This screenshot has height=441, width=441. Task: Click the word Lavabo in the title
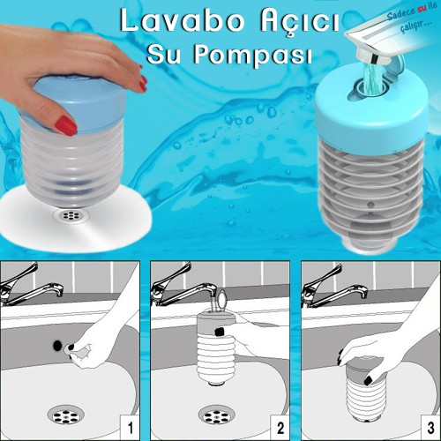[182, 20]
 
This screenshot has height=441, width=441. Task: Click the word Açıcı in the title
[299, 22]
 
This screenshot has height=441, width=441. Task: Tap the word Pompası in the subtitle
[252, 55]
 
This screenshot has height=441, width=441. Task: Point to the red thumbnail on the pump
[66, 125]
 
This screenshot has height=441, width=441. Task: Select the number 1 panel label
[130, 428]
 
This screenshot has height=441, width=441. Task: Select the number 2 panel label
[280, 428]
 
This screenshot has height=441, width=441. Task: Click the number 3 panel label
[430, 428]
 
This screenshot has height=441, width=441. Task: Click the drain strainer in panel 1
[66, 415]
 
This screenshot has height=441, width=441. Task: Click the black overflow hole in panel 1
[58, 345]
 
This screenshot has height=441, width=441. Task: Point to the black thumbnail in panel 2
[220, 332]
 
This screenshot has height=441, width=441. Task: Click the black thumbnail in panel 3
[368, 381]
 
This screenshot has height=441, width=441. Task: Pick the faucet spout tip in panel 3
[363, 292]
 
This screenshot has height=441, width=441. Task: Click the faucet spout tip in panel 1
[59, 290]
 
